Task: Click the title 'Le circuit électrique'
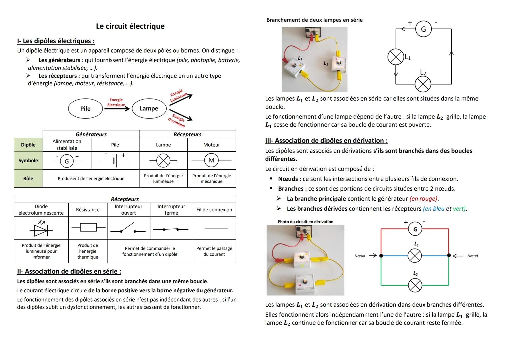tap(130, 26)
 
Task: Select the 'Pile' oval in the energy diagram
tap(85, 109)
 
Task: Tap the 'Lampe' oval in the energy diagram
tap(149, 108)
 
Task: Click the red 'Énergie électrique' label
tap(116, 102)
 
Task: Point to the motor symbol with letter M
tap(211, 160)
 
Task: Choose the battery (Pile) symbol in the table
tap(115, 161)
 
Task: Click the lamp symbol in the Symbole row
tap(163, 161)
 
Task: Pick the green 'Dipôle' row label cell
tap(28, 145)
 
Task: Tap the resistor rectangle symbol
tap(88, 228)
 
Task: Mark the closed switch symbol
tap(171, 229)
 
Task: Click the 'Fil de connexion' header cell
tap(214, 210)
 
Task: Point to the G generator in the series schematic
tap(423, 29)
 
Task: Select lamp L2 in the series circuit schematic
tap(423, 84)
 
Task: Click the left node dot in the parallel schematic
tap(381, 256)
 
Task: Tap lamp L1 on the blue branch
tap(415, 256)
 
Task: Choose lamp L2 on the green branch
tap(415, 285)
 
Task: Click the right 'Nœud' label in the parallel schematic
tap(472, 256)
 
